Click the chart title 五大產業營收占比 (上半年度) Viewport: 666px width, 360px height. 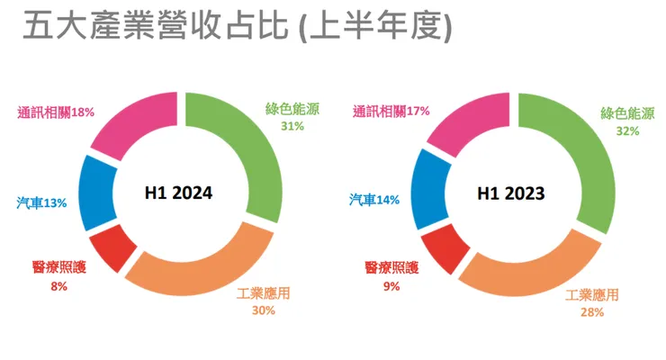[x=236, y=28]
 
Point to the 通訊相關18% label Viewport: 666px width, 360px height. [x=56, y=112]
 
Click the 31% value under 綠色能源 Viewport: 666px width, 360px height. [x=292, y=127]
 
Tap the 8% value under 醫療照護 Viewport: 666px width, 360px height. [x=59, y=287]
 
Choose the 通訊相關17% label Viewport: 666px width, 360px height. [x=391, y=112]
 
